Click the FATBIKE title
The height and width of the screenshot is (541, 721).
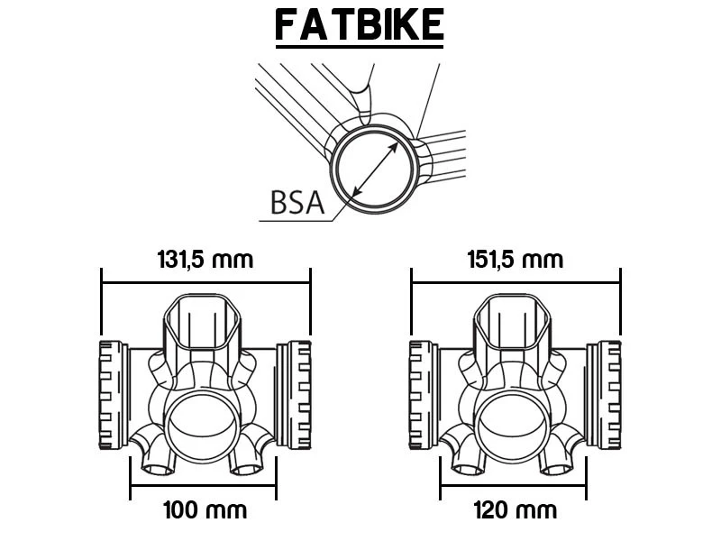pyautogui.click(x=360, y=24)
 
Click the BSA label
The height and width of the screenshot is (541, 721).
pyautogui.click(x=297, y=202)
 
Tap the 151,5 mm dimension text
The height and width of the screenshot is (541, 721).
pyautogui.click(x=516, y=260)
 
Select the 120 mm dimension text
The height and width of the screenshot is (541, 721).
pyautogui.click(x=515, y=510)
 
